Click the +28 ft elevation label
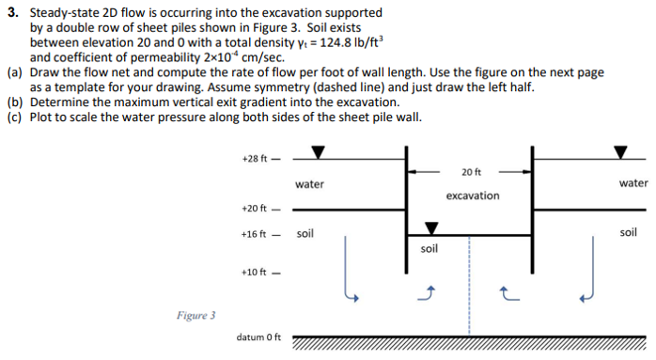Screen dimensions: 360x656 click(x=255, y=159)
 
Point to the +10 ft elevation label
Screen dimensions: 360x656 click(x=255, y=273)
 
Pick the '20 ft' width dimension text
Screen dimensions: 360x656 click(x=472, y=171)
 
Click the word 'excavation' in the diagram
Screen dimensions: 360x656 click(x=473, y=196)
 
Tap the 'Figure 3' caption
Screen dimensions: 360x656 click(x=195, y=315)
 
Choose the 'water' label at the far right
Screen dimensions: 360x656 click(x=633, y=183)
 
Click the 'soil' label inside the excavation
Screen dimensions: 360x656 click(x=430, y=249)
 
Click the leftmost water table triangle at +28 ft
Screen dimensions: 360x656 click(x=319, y=152)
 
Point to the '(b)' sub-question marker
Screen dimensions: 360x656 click(x=14, y=102)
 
